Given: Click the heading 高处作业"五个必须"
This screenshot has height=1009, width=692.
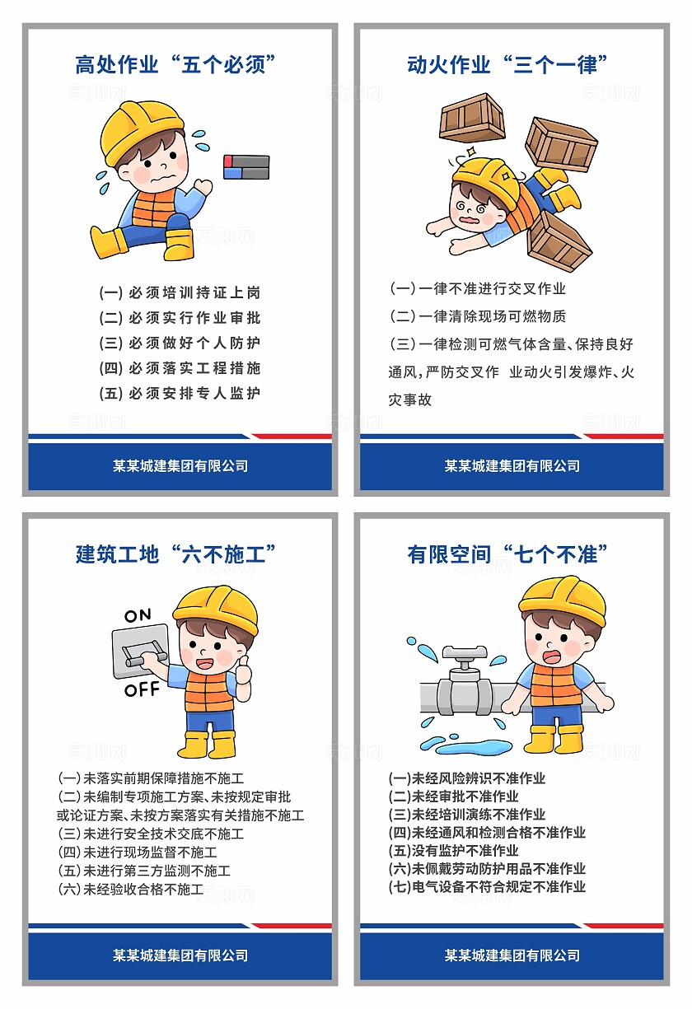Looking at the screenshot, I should click(x=175, y=64).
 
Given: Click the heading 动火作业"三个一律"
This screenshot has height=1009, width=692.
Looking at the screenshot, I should click(x=507, y=64).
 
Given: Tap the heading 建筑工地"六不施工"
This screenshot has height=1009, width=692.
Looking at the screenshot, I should click(x=175, y=554).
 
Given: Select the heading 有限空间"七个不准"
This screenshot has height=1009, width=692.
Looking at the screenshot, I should click(x=507, y=554).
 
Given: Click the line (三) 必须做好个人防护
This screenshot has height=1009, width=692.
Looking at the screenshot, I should click(x=180, y=343).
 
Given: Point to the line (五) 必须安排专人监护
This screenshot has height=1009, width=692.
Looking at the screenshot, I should click(x=180, y=393).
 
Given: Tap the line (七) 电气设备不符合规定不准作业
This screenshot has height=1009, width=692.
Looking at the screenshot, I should click(x=487, y=887).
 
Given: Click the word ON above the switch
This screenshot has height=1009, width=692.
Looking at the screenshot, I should click(x=138, y=615).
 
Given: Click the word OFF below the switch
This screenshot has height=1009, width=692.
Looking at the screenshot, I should click(x=142, y=689).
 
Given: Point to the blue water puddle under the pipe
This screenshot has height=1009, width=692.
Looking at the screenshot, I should click(x=465, y=747).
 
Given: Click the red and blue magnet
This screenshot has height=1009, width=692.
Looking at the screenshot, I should click(x=246, y=167).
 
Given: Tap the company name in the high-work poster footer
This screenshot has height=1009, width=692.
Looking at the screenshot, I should click(x=180, y=465).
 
